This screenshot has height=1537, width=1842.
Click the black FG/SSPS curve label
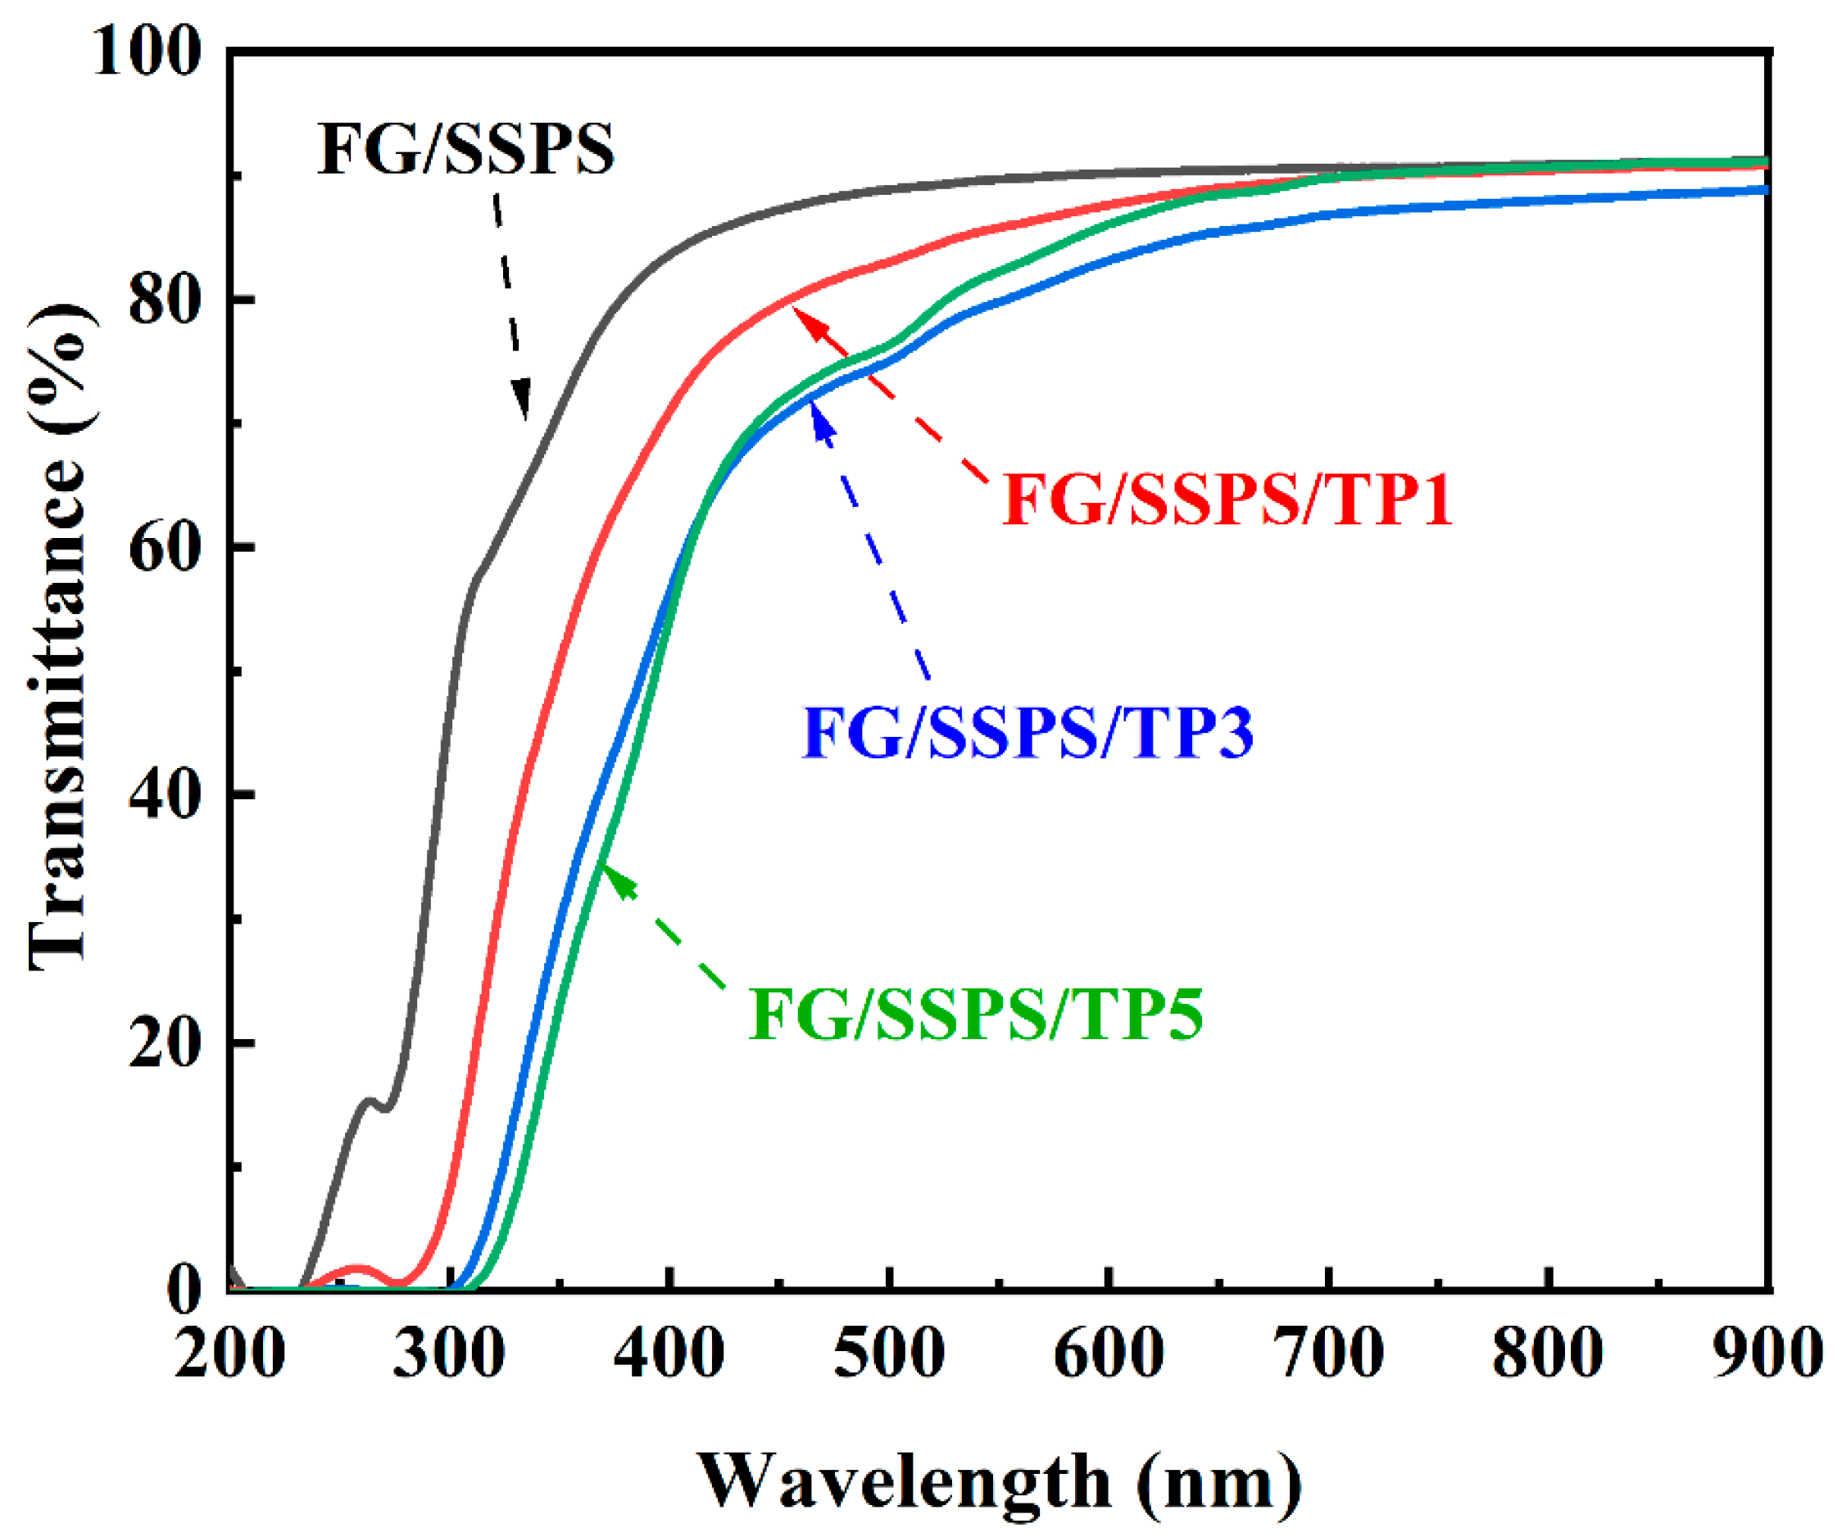click(x=465, y=150)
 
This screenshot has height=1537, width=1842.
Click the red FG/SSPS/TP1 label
click(x=1227, y=500)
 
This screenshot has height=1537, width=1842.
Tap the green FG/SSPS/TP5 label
click(x=975, y=1015)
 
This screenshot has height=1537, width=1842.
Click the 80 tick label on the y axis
click(x=166, y=300)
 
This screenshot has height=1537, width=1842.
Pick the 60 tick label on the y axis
click(x=166, y=549)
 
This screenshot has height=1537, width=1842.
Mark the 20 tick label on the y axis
click(x=166, y=1044)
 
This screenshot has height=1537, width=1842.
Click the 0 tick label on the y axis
click(x=185, y=1291)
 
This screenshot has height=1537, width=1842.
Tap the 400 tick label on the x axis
click(x=669, y=1354)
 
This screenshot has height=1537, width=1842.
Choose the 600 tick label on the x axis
click(x=1109, y=1354)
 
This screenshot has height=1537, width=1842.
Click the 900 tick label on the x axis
click(x=1768, y=1354)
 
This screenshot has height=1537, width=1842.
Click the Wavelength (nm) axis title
click(x=1000, y=1480)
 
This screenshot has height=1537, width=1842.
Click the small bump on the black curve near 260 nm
click(x=370, y=1101)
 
